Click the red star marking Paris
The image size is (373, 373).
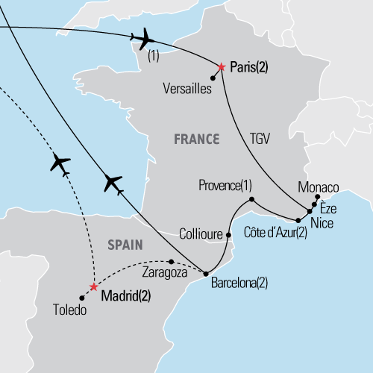221,67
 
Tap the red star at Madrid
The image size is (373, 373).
93,286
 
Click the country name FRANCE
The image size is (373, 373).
196,139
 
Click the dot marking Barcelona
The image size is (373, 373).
206,274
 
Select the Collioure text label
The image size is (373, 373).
201,234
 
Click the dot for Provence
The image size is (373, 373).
252,199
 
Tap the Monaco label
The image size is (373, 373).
319,186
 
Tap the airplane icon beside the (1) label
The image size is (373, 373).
142,38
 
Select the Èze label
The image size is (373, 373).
329,210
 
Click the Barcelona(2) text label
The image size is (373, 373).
239,283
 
